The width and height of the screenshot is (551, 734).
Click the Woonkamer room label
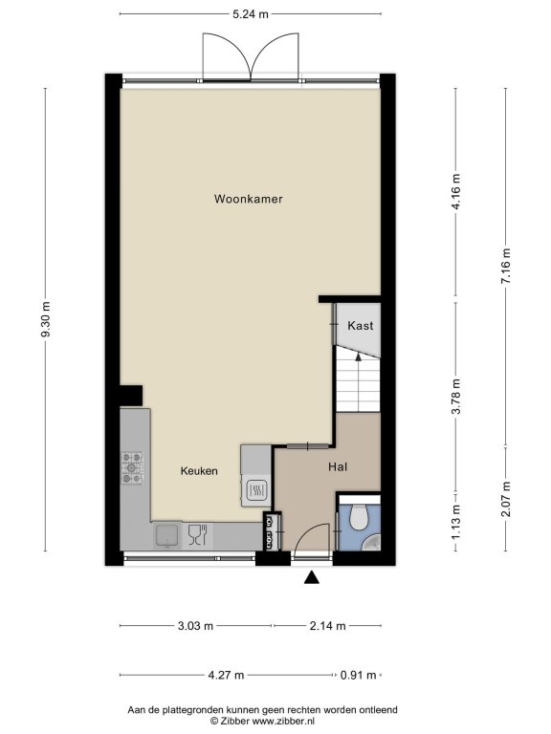pyautogui.click(x=249, y=199)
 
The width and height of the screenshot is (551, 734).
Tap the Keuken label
pyautogui.click(x=199, y=471)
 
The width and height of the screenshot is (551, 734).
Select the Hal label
pyautogui.click(x=338, y=466)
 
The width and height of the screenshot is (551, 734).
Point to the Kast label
pyautogui.click(x=361, y=325)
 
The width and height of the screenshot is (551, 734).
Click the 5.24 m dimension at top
pyautogui.click(x=251, y=14)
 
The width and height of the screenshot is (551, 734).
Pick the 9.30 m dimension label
pyautogui.click(x=46, y=319)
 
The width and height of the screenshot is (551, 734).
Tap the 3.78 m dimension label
pyautogui.click(x=456, y=396)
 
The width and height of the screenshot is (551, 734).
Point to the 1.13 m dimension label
pyautogui.click(x=456, y=522)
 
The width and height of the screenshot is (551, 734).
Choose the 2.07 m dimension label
pyautogui.click(x=505, y=499)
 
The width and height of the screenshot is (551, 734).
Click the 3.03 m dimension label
pyautogui.click(x=196, y=625)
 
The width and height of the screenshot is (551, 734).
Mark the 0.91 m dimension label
pyautogui.click(x=359, y=675)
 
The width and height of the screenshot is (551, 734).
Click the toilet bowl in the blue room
pyautogui.click(x=360, y=515)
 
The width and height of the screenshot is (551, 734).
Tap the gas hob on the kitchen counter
pyautogui.click(x=132, y=467)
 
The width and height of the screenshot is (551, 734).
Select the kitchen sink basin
pyautogui.click(x=166, y=535)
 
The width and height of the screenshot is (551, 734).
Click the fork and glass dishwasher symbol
pyautogui.click(x=197, y=535)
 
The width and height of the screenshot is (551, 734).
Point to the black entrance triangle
pyautogui.click(x=312, y=578)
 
